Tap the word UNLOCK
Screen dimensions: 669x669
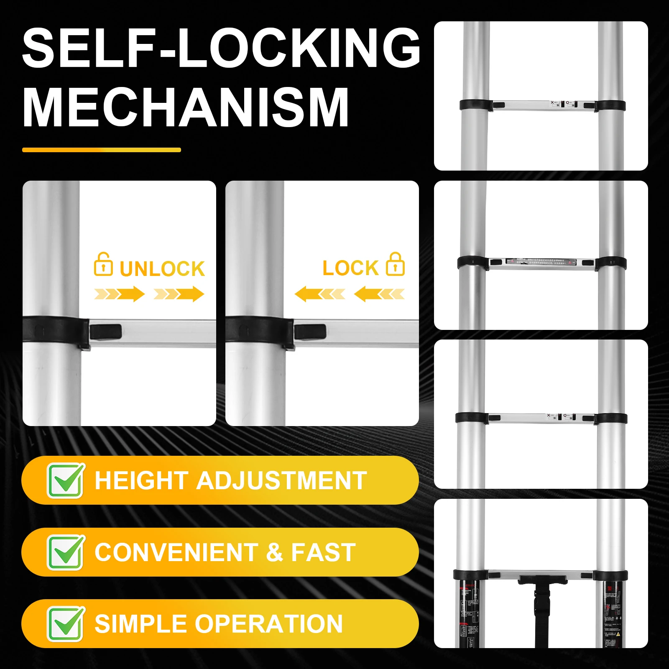162,269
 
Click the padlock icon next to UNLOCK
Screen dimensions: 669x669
103,265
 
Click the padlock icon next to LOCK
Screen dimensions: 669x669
395,265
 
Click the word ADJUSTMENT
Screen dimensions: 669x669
281,480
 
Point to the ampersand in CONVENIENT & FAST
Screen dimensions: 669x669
274,552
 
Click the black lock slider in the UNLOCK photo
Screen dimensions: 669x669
105,332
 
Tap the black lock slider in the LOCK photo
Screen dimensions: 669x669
310,332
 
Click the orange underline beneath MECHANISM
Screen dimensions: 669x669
102,150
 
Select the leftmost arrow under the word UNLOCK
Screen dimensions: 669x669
119,294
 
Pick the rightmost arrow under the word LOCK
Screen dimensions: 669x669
379,294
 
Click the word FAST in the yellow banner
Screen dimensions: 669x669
323,552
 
